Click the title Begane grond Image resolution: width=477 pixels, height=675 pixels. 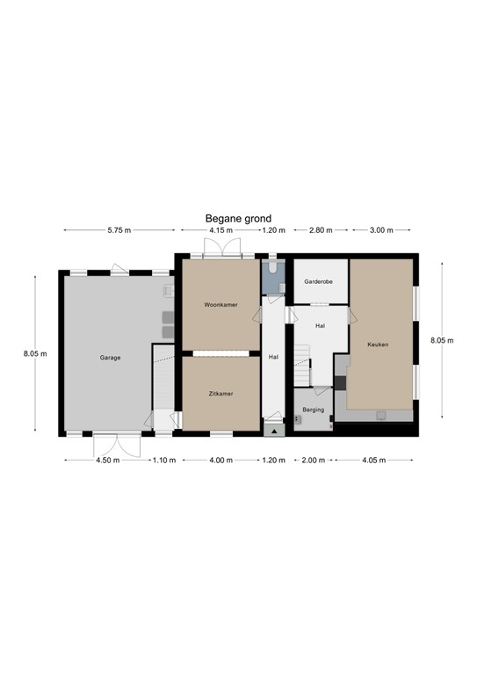click(x=238, y=219)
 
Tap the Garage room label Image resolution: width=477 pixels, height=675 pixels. click(x=110, y=358)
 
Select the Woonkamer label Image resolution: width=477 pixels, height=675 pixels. click(x=220, y=305)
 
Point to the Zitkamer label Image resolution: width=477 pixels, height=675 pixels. click(x=220, y=394)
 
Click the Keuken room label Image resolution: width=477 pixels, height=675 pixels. click(x=378, y=345)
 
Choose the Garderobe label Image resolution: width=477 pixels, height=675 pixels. click(x=318, y=281)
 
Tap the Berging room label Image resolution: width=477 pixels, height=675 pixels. click(x=313, y=410)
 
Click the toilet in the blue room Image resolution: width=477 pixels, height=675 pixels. click(x=272, y=266)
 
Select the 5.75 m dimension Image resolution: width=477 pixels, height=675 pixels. click(x=119, y=230)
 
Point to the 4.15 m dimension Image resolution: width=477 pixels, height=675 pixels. click(x=221, y=230)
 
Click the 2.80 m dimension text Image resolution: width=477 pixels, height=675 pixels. click(x=321, y=230)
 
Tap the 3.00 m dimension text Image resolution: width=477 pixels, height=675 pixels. click(x=381, y=230)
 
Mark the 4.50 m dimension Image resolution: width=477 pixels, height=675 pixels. click(x=107, y=461)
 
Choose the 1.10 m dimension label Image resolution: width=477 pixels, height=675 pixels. click(x=164, y=461)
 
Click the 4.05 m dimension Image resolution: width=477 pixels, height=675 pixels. click(x=373, y=461)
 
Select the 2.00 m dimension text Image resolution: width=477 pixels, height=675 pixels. click(x=313, y=461)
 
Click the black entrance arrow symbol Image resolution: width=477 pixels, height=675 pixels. click(x=274, y=431)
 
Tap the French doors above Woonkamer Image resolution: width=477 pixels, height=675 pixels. click(x=222, y=249)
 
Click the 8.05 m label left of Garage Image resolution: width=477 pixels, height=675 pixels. click(x=35, y=354)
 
